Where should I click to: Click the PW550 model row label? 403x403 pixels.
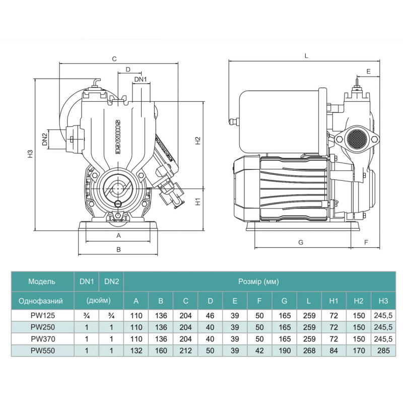[x=42, y=349]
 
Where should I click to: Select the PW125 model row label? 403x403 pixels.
[x=42, y=316]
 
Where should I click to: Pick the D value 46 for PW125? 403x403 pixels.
[x=210, y=316]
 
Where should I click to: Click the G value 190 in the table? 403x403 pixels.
[x=284, y=349]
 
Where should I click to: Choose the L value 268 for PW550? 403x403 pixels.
[x=309, y=349]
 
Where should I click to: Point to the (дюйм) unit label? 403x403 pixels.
[x=99, y=301]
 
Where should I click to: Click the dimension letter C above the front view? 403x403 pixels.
[x=114, y=58]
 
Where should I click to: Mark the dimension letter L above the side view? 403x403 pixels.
[x=306, y=56]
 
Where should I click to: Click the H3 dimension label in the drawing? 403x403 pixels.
[x=30, y=154]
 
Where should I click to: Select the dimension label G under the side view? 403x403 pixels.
[x=301, y=242]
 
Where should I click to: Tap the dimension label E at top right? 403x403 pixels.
[x=369, y=72]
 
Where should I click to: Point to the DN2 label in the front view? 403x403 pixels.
[x=44, y=140]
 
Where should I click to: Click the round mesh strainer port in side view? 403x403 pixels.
[x=357, y=139]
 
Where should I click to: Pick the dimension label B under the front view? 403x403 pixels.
[x=119, y=249]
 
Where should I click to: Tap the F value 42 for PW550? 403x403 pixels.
[x=259, y=349]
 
